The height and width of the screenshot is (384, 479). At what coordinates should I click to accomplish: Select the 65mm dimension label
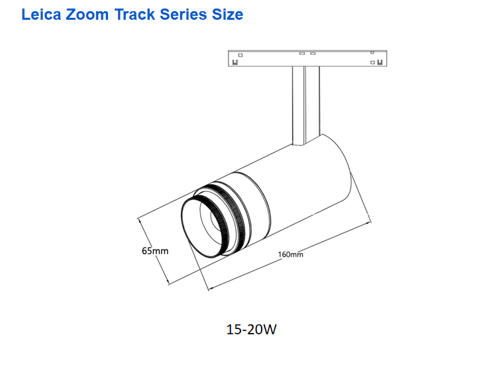pos(155,251)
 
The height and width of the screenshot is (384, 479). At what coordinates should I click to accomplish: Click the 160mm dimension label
pos(291,254)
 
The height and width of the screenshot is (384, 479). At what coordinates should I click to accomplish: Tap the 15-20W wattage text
pos(252,329)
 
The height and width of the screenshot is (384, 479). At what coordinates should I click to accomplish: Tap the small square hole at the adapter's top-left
pos(240,54)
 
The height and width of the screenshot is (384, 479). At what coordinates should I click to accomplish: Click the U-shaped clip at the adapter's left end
pos(235,63)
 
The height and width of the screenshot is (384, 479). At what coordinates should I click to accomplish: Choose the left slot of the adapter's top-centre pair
pos(301,53)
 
